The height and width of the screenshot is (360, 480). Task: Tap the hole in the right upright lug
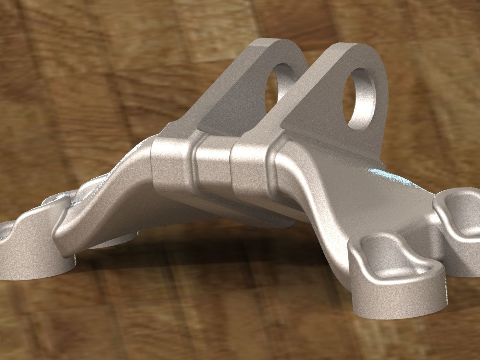coord(362,96)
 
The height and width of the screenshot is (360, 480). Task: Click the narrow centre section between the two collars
coord(213,168)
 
